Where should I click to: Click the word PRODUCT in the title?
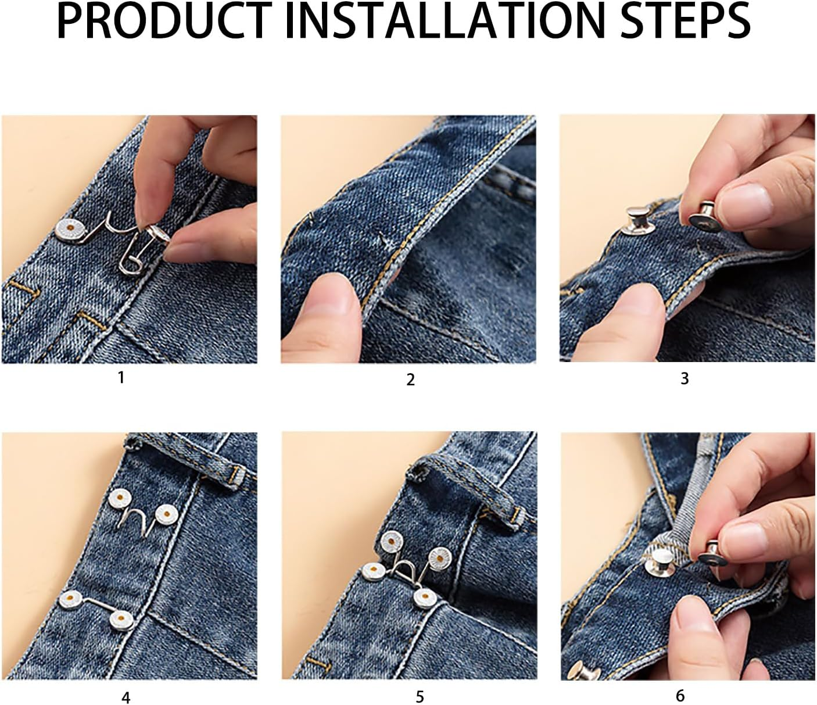(164, 22)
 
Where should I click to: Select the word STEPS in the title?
(686, 22)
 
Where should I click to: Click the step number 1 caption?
(121, 378)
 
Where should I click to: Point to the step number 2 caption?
(410, 380)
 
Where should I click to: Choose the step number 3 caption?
(685, 378)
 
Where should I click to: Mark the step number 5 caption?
(420, 696)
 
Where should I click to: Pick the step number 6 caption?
(680, 695)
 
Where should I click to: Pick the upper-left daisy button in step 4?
(120, 498)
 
